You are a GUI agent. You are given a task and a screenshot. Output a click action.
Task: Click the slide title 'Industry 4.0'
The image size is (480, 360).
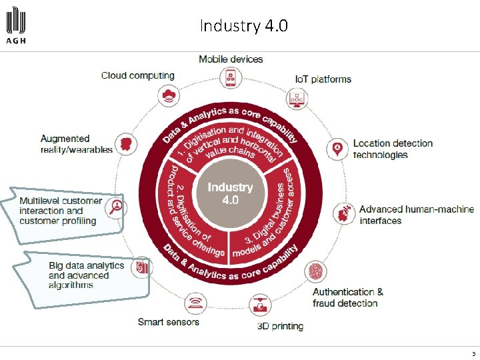click(243, 26)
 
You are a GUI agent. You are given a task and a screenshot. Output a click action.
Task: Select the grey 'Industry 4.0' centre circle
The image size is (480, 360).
click(229, 193)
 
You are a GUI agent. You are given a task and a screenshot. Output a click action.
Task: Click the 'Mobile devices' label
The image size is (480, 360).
click(231, 59)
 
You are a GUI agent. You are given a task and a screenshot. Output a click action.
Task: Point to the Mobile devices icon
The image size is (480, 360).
click(231, 77)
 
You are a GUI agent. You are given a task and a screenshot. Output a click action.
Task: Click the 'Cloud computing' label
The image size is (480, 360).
click(137, 75)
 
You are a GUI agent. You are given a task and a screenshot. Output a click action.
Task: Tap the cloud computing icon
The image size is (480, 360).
click(169, 95)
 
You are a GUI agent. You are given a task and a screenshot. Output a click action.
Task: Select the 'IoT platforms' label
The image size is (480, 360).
click(323, 79)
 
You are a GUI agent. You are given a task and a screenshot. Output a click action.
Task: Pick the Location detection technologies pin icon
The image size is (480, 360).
click(339, 148)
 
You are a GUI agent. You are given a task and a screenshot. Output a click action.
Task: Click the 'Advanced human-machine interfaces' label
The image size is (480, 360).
click(416, 215)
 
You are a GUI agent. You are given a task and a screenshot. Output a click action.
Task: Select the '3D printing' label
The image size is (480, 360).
click(280, 326)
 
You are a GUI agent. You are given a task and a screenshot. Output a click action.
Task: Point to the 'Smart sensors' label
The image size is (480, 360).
click(168, 322)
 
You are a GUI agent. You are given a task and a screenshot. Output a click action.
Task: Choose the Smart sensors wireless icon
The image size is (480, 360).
click(195, 304)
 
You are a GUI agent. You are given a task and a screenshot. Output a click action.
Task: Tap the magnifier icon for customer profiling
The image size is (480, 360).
click(117, 207)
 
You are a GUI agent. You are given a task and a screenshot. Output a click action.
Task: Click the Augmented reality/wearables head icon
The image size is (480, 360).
click(124, 143)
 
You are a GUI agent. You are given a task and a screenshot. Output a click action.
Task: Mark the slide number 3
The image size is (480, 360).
click(473, 353)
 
